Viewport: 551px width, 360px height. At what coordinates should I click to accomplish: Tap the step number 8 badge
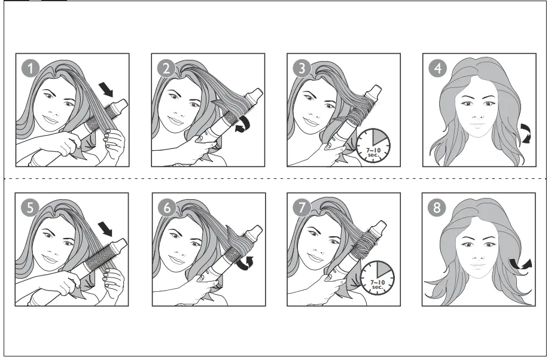tap(437, 208)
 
